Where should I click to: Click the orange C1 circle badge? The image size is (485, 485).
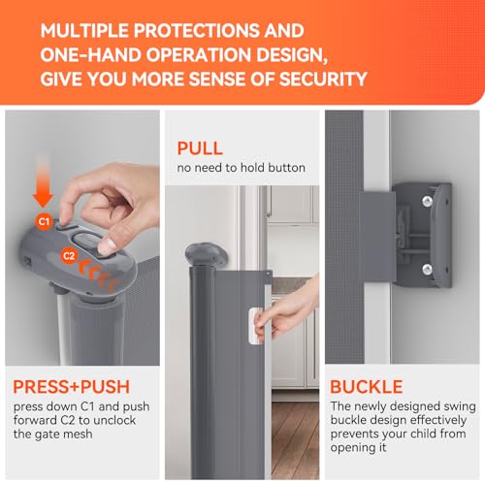pos(44,222)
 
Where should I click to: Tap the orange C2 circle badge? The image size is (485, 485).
pos(69,256)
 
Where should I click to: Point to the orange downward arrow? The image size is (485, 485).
pos(43,181)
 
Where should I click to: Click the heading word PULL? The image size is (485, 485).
pos(200,148)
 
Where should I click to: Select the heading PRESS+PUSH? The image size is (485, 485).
pos(72,387)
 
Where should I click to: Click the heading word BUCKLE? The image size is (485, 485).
pos(367,387)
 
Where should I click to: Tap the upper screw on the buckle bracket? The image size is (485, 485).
pos(427,201)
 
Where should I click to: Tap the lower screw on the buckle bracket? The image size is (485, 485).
pos(427,269)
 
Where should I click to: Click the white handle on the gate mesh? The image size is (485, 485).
pos(255,326)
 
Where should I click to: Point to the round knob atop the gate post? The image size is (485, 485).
pos(206,254)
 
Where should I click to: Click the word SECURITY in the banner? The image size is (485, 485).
pos(323,79)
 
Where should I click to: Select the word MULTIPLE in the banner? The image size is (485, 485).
pos(84,31)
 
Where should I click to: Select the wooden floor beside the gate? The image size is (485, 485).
pos(295,439)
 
